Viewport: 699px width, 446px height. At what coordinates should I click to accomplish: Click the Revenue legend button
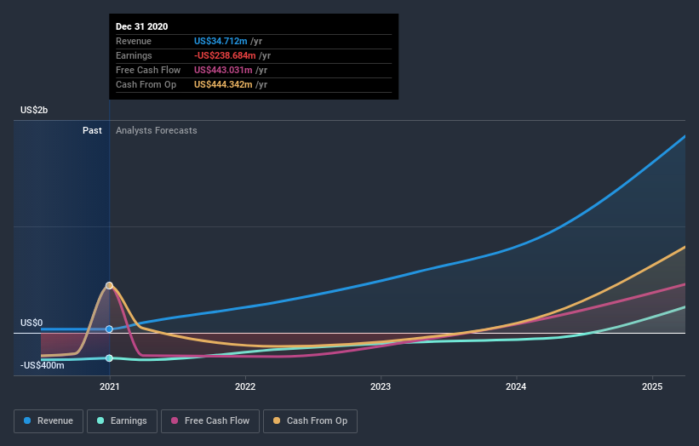coord(49,420)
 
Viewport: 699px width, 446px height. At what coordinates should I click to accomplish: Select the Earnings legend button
coord(122,420)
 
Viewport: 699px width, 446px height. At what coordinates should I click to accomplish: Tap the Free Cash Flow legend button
coord(209,420)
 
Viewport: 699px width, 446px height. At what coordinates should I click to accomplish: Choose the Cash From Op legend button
coord(311,420)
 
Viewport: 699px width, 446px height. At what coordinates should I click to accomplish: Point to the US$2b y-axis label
coord(34,111)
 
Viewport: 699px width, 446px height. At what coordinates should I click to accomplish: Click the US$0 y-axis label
coord(32,323)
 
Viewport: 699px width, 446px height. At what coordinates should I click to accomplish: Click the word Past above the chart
coord(92,130)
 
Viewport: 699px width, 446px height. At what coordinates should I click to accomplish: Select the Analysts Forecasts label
coord(156,130)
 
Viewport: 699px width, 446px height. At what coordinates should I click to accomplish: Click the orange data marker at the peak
coord(109,285)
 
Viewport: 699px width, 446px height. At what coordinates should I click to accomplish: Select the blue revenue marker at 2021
coord(109,329)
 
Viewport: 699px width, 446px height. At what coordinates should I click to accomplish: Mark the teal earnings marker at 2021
coord(109,358)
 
